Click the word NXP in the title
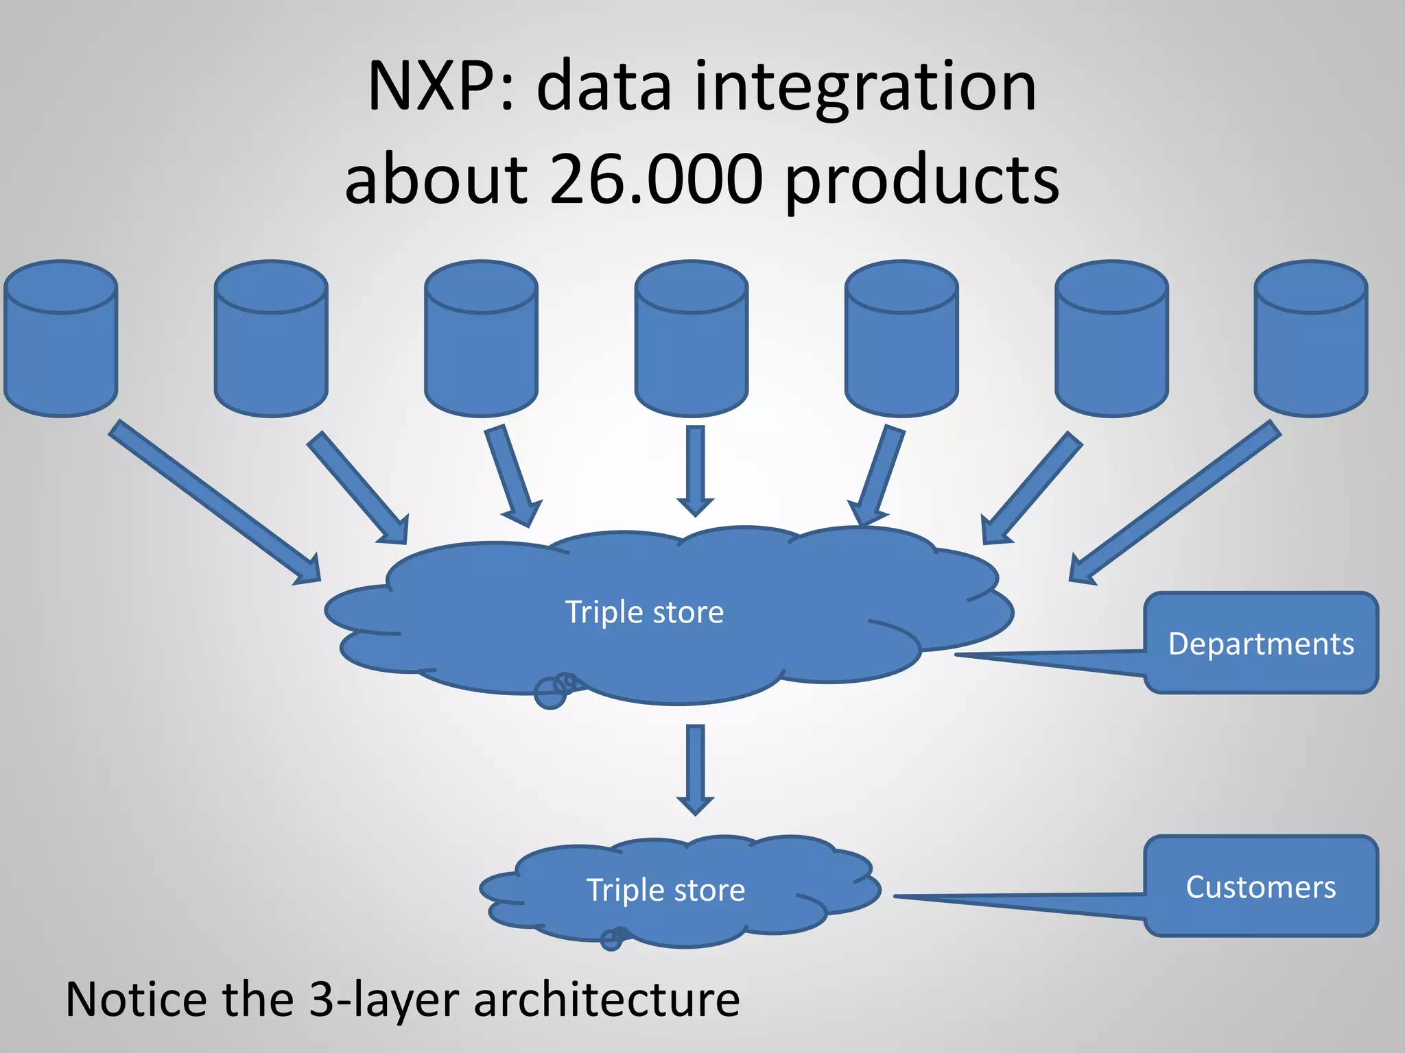coord(430,87)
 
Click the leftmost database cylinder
coord(61,339)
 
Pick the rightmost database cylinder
coord(1311,339)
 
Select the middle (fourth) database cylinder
coord(691,339)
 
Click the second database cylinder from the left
coord(271,339)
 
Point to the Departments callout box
coord(1261,644)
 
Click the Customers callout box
coord(1261,886)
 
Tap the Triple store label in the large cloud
coord(644,612)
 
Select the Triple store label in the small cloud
coord(665,890)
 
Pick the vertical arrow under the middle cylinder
coord(695,470)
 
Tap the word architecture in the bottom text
coord(606,1000)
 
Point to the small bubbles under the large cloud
coord(556,690)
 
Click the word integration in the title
coord(864,87)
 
